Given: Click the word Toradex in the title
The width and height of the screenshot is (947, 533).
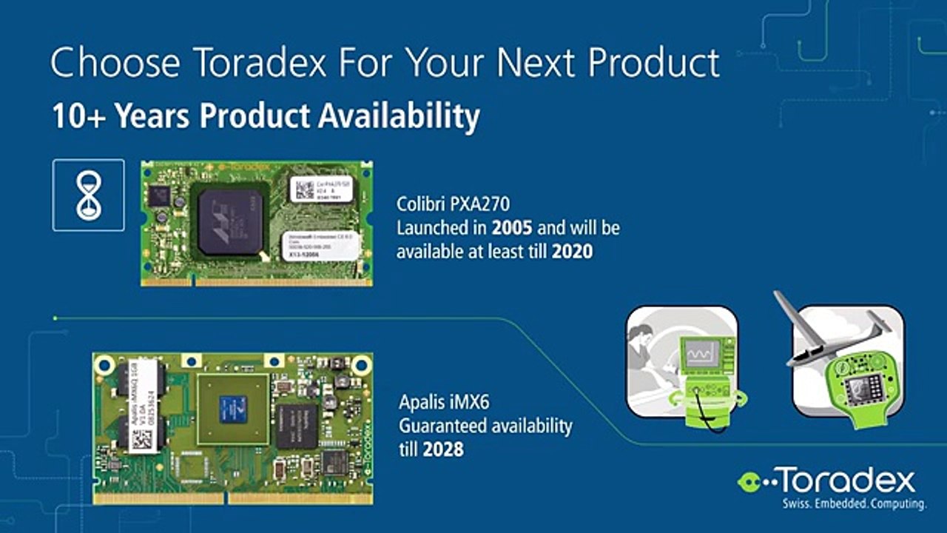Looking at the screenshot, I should coord(261,64).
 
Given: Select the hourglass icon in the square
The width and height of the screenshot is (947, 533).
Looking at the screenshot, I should coord(88,195).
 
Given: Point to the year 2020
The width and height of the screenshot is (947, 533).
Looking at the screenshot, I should coord(572,252).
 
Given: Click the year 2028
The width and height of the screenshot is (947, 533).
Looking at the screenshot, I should coord(442,449).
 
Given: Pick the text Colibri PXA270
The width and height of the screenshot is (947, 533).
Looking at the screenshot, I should coord(454,204).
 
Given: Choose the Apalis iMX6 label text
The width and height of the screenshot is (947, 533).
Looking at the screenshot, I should coord(444,403).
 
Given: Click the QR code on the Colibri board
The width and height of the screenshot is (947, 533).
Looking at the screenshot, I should coord(304,190).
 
